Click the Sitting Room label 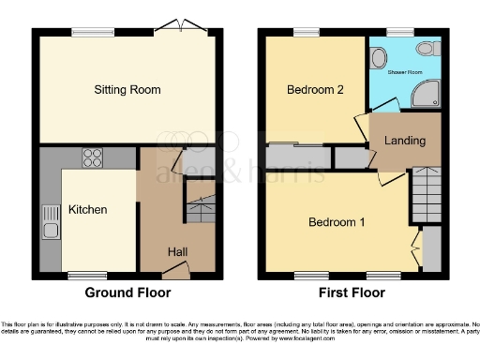click(127, 90)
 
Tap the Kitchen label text click(87, 209)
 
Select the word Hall click(177, 251)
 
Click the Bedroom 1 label click(337, 222)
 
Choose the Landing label click(404, 142)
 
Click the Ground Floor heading click(126, 292)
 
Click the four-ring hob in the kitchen click(94, 157)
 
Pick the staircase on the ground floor click(200, 206)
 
